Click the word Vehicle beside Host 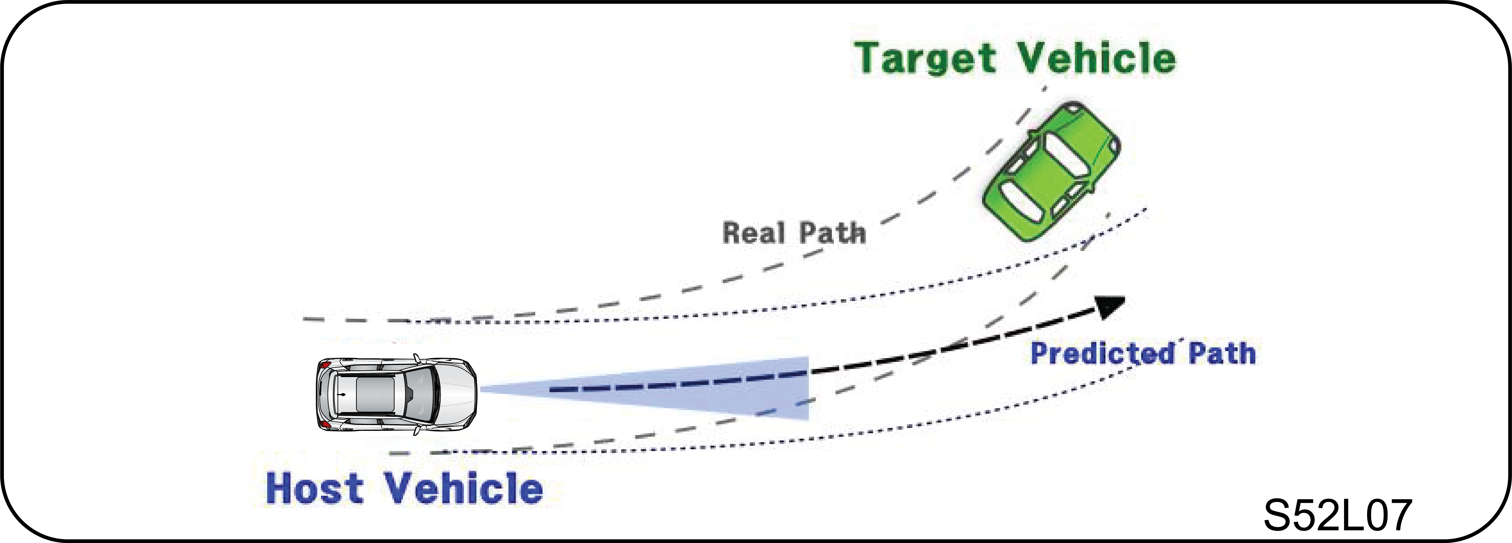464,488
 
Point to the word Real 753,233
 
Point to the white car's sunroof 376,395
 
